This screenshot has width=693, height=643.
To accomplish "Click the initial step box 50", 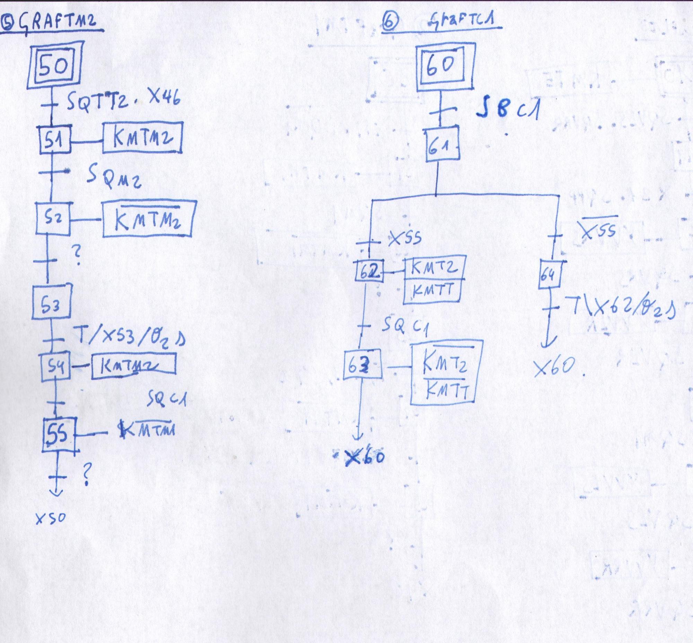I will pyautogui.click(x=55, y=65).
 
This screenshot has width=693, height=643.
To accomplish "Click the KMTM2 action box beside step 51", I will pyautogui.click(x=142, y=138).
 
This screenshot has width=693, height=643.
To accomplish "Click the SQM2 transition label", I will pyautogui.click(x=114, y=178).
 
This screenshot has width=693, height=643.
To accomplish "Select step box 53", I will pyautogui.click(x=52, y=302).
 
